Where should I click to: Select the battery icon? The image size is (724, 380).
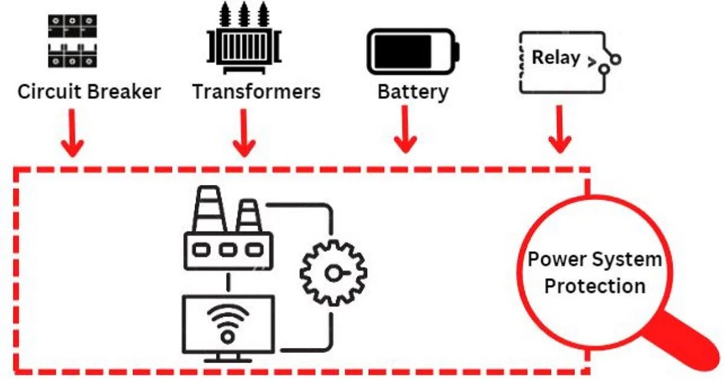[413, 51]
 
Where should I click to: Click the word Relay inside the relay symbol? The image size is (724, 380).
[556, 58]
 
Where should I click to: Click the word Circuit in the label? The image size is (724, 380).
[50, 92]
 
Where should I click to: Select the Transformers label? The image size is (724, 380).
[256, 92]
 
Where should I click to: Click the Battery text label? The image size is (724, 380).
[413, 92]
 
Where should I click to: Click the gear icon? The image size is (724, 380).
[332, 273]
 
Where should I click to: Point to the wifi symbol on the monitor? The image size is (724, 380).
[227, 322]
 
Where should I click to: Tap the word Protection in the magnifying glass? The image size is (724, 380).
[594, 285]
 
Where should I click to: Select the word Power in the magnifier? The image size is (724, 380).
[554, 260]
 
